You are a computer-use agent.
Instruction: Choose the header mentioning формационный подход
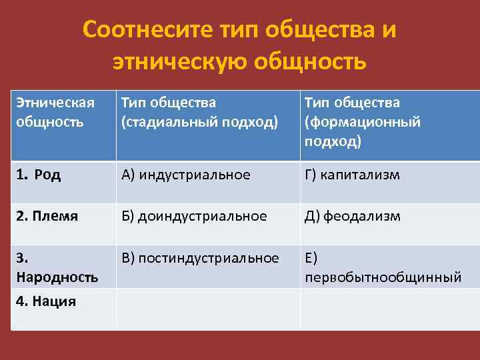[x=363, y=122]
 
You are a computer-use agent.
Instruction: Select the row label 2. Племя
[x=46, y=216]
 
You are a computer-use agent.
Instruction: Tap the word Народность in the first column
[x=57, y=276]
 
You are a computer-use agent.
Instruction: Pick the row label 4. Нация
[x=45, y=301]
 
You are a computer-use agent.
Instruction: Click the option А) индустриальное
[x=185, y=175]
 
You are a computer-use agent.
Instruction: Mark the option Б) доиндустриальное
[x=193, y=216]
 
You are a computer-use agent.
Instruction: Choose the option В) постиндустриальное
[x=199, y=257]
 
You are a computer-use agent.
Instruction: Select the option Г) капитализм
[x=352, y=175]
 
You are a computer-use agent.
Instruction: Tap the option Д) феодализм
[x=352, y=216]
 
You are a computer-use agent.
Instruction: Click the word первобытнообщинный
[x=383, y=277]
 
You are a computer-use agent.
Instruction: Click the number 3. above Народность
[x=19, y=258]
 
